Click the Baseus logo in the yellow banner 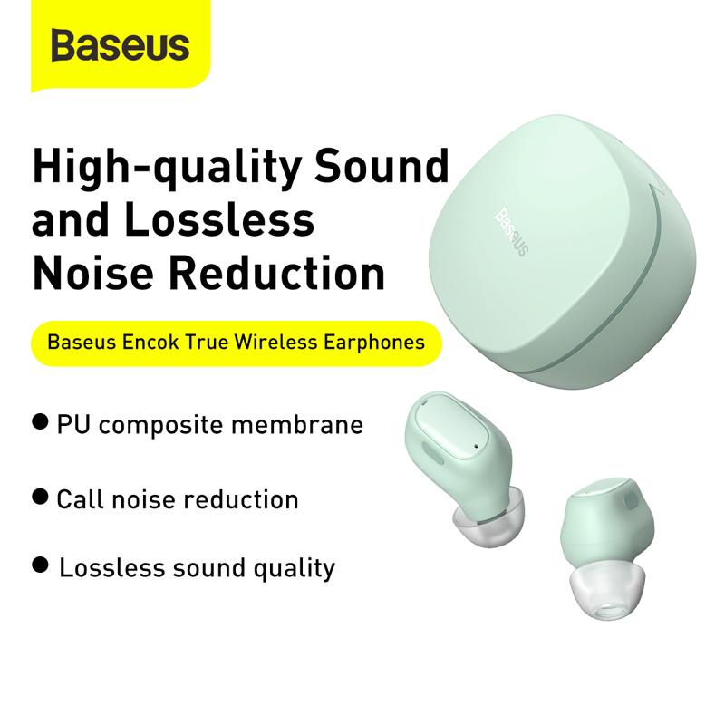[121, 44]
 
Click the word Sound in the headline [382, 165]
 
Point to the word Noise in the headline [93, 273]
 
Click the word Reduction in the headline [276, 273]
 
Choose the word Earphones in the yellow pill [374, 343]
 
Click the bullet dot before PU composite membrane [40, 421]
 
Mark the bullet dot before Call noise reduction [40, 497]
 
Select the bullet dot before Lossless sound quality [40, 565]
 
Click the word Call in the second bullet [80, 499]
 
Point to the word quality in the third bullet [294, 570]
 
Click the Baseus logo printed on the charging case [512, 232]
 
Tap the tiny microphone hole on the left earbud [477, 446]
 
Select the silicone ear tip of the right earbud [606, 590]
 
